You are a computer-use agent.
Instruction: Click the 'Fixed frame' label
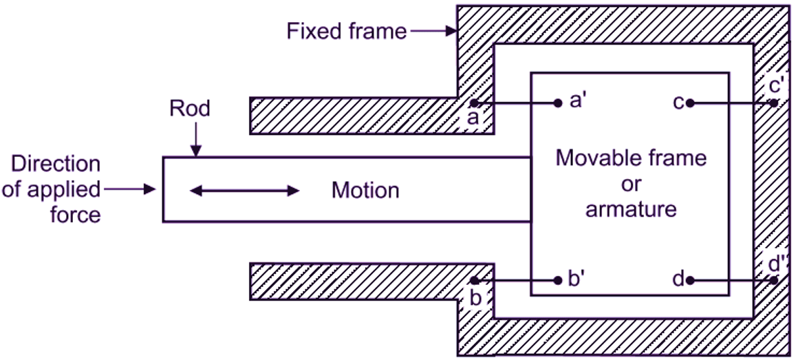point(346,32)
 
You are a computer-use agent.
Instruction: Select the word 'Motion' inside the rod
point(365,190)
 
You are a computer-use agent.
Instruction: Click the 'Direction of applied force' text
point(52,189)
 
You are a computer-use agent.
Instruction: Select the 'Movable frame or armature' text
point(631,183)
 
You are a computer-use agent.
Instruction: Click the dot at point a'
point(558,103)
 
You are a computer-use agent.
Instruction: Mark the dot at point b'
point(558,281)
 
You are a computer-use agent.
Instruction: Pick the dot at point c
point(689,103)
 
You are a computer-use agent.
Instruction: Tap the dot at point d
point(689,281)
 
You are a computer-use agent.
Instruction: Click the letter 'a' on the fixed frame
point(473,119)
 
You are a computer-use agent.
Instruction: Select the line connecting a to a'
point(516,103)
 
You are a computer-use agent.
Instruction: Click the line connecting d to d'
point(731,281)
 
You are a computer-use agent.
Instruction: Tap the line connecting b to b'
point(516,281)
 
